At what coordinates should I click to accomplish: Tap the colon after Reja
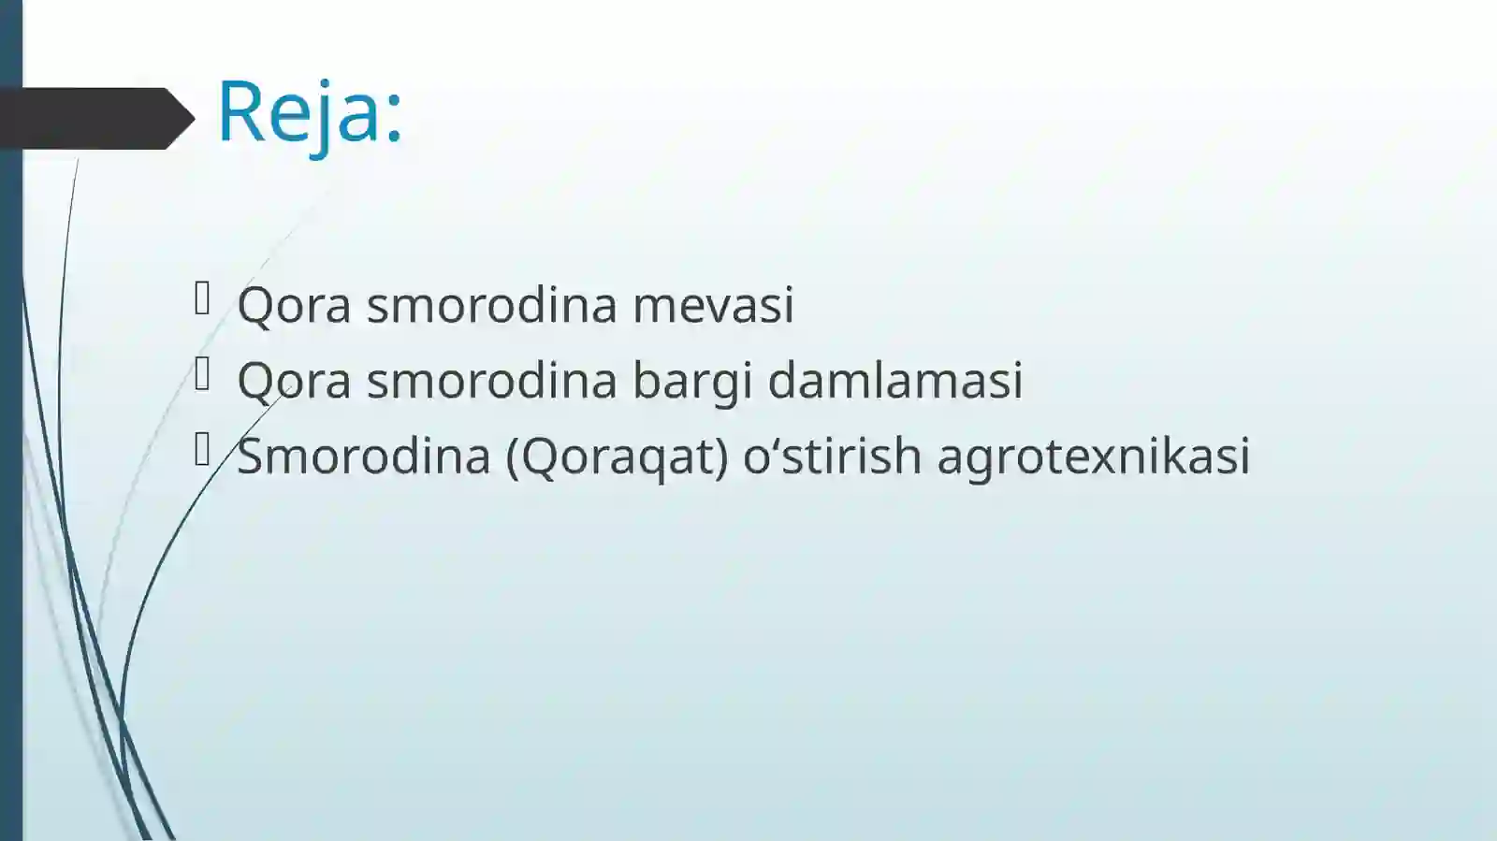(x=394, y=115)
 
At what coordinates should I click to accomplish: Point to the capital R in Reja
(x=241, y=111)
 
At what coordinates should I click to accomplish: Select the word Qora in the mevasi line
(x=294, y=306)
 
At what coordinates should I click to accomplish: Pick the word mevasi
(x=713, y=305)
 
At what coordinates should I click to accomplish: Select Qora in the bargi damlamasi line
(x=294, y=382)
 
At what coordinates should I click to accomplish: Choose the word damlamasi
(x=895, y=381)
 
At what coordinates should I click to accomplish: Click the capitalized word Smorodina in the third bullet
(x=364, y=457)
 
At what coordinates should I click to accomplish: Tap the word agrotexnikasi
(x=1094, y=457)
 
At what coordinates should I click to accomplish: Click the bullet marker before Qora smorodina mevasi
(x=202, y=299)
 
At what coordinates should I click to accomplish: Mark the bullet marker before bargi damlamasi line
(x=202, y=375)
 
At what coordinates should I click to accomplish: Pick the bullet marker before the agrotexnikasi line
(x=202, y=451)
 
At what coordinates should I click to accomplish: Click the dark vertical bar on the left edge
(x=10, y=468)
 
